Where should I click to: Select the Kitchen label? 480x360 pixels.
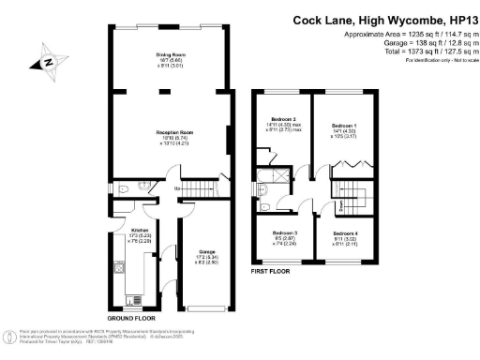tap(141, 231)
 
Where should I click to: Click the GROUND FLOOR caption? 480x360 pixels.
tap(127, 318)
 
